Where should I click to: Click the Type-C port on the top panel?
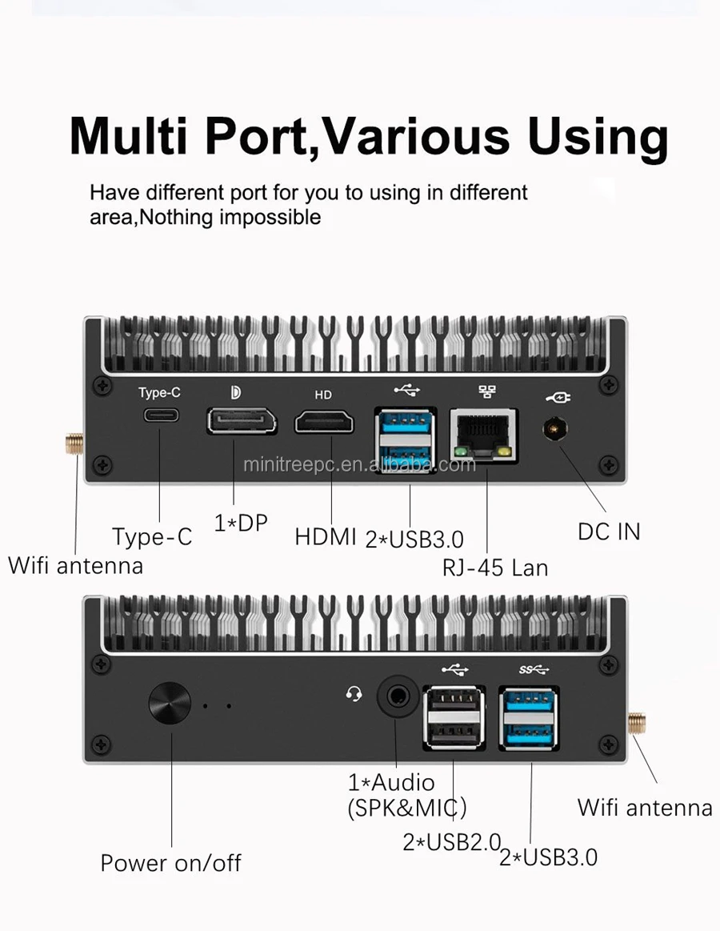click(x=161, y=415)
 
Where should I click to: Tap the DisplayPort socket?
click(x=242, y=420)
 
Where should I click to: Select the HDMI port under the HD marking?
click(x=324, y=420)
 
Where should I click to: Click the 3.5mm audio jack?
click(x=395, y=693)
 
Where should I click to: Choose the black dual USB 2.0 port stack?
click(x=454, y=716)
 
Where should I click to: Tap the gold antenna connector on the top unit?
click(x=75, y=443)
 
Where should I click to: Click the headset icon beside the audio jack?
click(x=354, y=694)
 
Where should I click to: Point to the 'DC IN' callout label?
click(x=609, y=531)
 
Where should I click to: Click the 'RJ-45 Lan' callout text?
click(x=495, y=568)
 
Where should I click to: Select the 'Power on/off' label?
click(x=170, y=863)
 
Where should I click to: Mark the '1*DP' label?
click(x=241, y=524)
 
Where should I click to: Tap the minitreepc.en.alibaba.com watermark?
click(x=359, y=464)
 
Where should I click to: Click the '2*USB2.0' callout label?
click(x=451, y=842)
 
